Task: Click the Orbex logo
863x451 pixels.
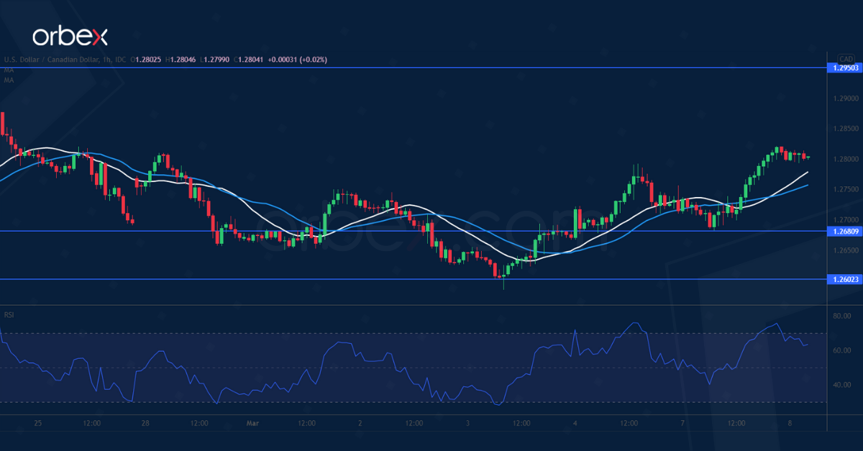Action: click(70, 36)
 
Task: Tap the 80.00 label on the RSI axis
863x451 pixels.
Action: click(842, 316)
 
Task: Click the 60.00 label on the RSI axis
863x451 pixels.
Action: click(842, 350)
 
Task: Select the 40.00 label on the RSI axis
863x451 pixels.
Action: click(842, 385)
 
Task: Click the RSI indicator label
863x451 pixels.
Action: click(9, 315)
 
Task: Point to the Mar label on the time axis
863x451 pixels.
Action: click(252, 424)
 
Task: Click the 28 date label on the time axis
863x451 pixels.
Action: click(145, 424)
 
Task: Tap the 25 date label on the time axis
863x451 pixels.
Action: click(38, 424)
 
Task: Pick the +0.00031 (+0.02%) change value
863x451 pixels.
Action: click(297, 60)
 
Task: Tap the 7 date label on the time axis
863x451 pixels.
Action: click(682, 424)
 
